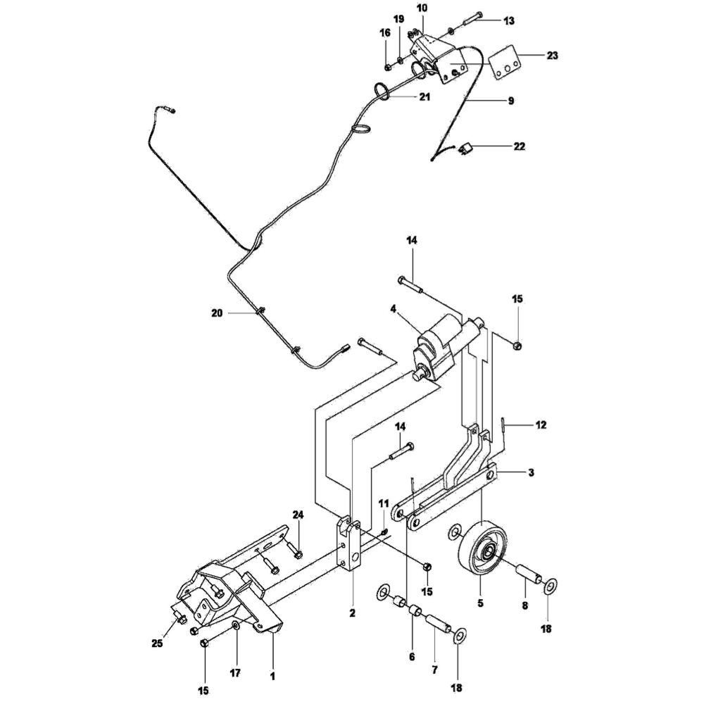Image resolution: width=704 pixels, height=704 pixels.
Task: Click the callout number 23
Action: (x=552, y=54)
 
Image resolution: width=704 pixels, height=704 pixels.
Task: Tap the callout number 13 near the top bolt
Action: (x=508, y=21)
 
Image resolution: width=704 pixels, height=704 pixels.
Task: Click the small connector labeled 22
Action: (x=466, y=148)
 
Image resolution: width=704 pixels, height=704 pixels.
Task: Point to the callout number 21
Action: (x=424, y=97)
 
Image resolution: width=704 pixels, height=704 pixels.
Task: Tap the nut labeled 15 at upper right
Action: (x=517, y=344)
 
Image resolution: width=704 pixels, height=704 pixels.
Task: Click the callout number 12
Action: (x=541, y=425)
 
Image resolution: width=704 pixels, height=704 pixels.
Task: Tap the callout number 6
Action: (x=412, y=657)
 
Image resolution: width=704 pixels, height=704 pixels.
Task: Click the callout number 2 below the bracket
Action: (x=352, y=613)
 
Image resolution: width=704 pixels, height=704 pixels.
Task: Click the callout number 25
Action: (x=156, y=643)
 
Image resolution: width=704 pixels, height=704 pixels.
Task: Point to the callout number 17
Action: (x=235, y=673)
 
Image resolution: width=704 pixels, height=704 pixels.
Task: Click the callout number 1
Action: (x=272, y=676)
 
